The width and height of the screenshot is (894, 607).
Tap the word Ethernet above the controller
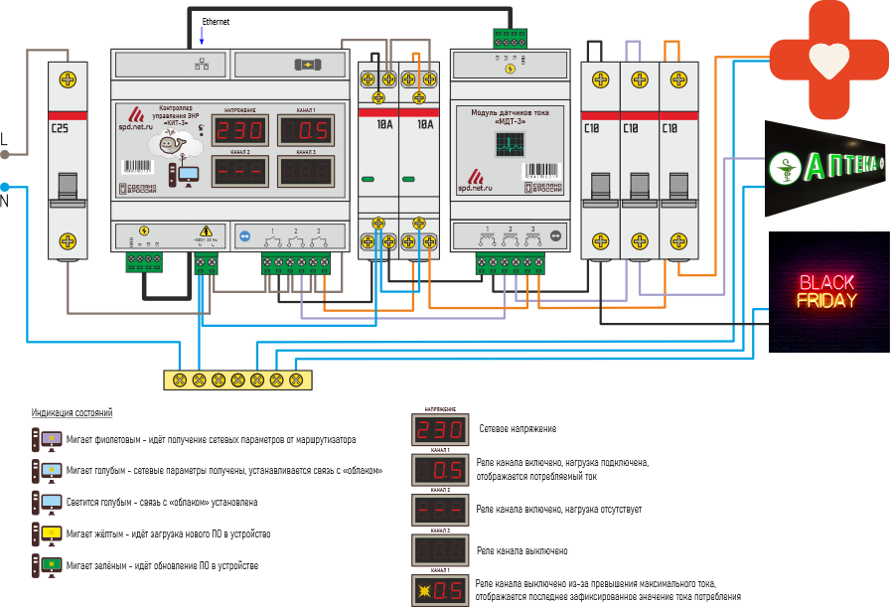tap(217, 21)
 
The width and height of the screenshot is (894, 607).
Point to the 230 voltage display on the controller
tap(240, 131)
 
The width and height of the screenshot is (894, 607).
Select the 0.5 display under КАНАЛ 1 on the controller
tap(306, 131)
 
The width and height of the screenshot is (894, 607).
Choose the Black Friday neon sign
tap(827, 291)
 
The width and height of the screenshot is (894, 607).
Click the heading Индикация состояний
tap(72, 412)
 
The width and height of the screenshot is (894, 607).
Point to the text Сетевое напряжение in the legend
tap(517, 429)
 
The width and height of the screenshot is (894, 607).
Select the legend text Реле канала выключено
tap(522, 550)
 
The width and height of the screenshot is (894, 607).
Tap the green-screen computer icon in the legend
tap(47, 566)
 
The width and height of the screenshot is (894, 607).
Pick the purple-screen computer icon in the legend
tap(47, 439)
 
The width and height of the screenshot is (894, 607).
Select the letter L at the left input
tap(4, 139)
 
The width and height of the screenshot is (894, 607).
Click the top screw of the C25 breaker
tap(68, 79)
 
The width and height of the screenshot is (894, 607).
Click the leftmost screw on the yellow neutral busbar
tap(180, 379)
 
